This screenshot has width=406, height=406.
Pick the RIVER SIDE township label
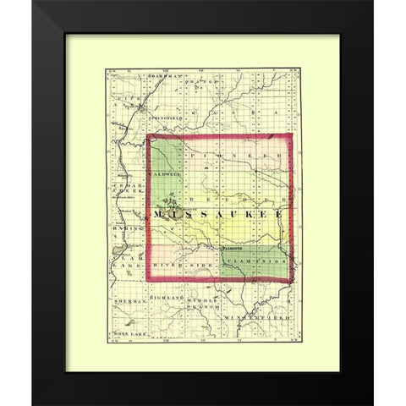click(x=184, y=266)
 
